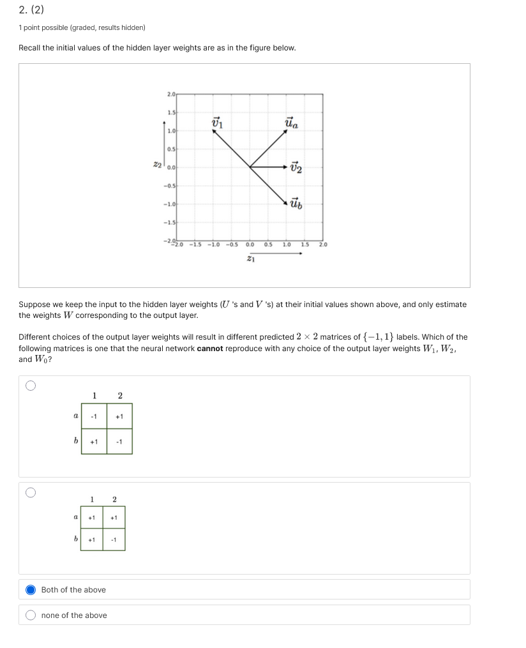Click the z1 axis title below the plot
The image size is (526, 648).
(x=250, y=259)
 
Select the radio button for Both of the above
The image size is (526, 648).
(x=31, y=589)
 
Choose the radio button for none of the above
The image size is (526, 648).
(x=31, y=615)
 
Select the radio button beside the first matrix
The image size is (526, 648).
(x=31, y=386)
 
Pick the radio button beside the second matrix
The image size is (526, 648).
(x=31, y=492)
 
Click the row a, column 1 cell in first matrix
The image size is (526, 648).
(x=94, y=416)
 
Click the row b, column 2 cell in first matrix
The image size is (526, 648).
(x=119, y=441)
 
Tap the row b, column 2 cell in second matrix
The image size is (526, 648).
(x=114, y=539)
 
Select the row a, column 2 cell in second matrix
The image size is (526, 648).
(x=114, y=518)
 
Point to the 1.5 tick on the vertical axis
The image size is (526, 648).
(x=170, y=112)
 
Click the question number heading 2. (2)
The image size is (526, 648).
(x=31, y=10)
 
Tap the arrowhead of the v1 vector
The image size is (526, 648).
(x=214, y=132)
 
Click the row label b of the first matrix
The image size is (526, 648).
(x=75, y=441)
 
